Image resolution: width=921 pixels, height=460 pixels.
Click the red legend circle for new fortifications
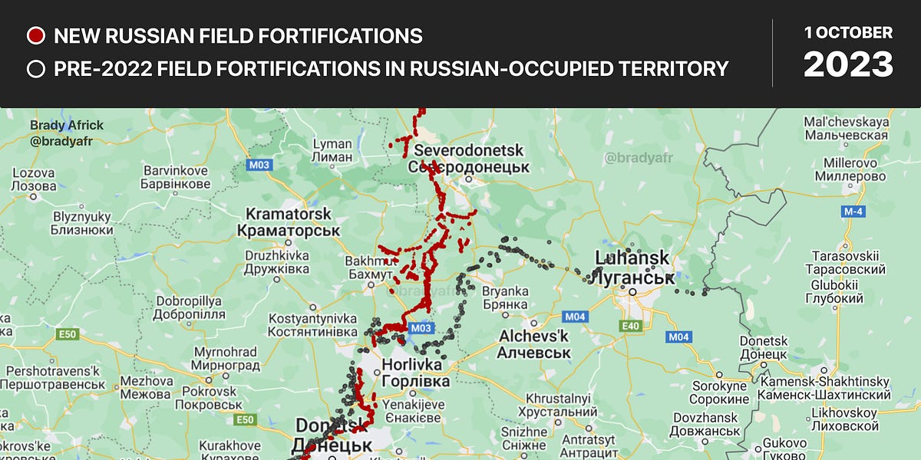[x=35, y=35]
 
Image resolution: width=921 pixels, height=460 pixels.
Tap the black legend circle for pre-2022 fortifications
[x=35, y=69]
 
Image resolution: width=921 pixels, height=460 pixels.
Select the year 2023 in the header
[x=848, y=64]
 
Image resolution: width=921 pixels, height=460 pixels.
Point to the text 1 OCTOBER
[x=848, y=33]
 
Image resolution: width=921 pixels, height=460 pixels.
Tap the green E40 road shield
[x=629, y=326]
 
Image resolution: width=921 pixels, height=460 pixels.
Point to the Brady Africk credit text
[x=67, y=126]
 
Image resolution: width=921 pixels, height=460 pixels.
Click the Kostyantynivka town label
[x=312, y=324]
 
